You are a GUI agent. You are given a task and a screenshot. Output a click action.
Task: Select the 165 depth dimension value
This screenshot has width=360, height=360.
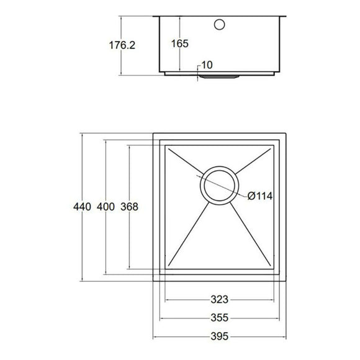click(178, 44)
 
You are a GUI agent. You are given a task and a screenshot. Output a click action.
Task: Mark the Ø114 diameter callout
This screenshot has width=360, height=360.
click(260, 196)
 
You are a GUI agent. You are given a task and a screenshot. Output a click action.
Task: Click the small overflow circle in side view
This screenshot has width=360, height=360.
click(219, 25)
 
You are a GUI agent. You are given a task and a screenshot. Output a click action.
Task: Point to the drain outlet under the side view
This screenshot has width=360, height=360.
click(219, 77)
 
